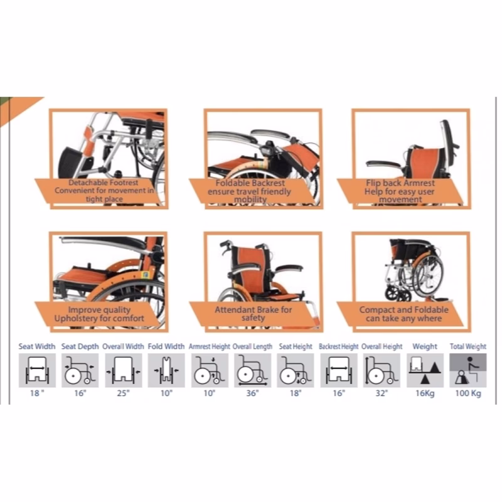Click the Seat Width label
tap(37, 346)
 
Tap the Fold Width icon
tap(166, 370)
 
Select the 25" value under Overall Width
tap(123, 393)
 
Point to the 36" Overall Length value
tap(252, 393)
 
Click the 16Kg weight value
tap(425, 393)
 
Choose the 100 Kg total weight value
tap(468, 393)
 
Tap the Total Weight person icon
tap(468, 370)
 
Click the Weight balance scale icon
tap(425, 370)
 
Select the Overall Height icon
tap(382, 370)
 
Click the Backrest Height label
tap(338, 346)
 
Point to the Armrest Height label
tap(210, 346)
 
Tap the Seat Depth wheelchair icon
tap(80, 370)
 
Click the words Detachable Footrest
tap(103, 183)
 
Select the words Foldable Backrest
tap(250, 183)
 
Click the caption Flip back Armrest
tap(400, 183)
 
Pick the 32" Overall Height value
tap(382, 393)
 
